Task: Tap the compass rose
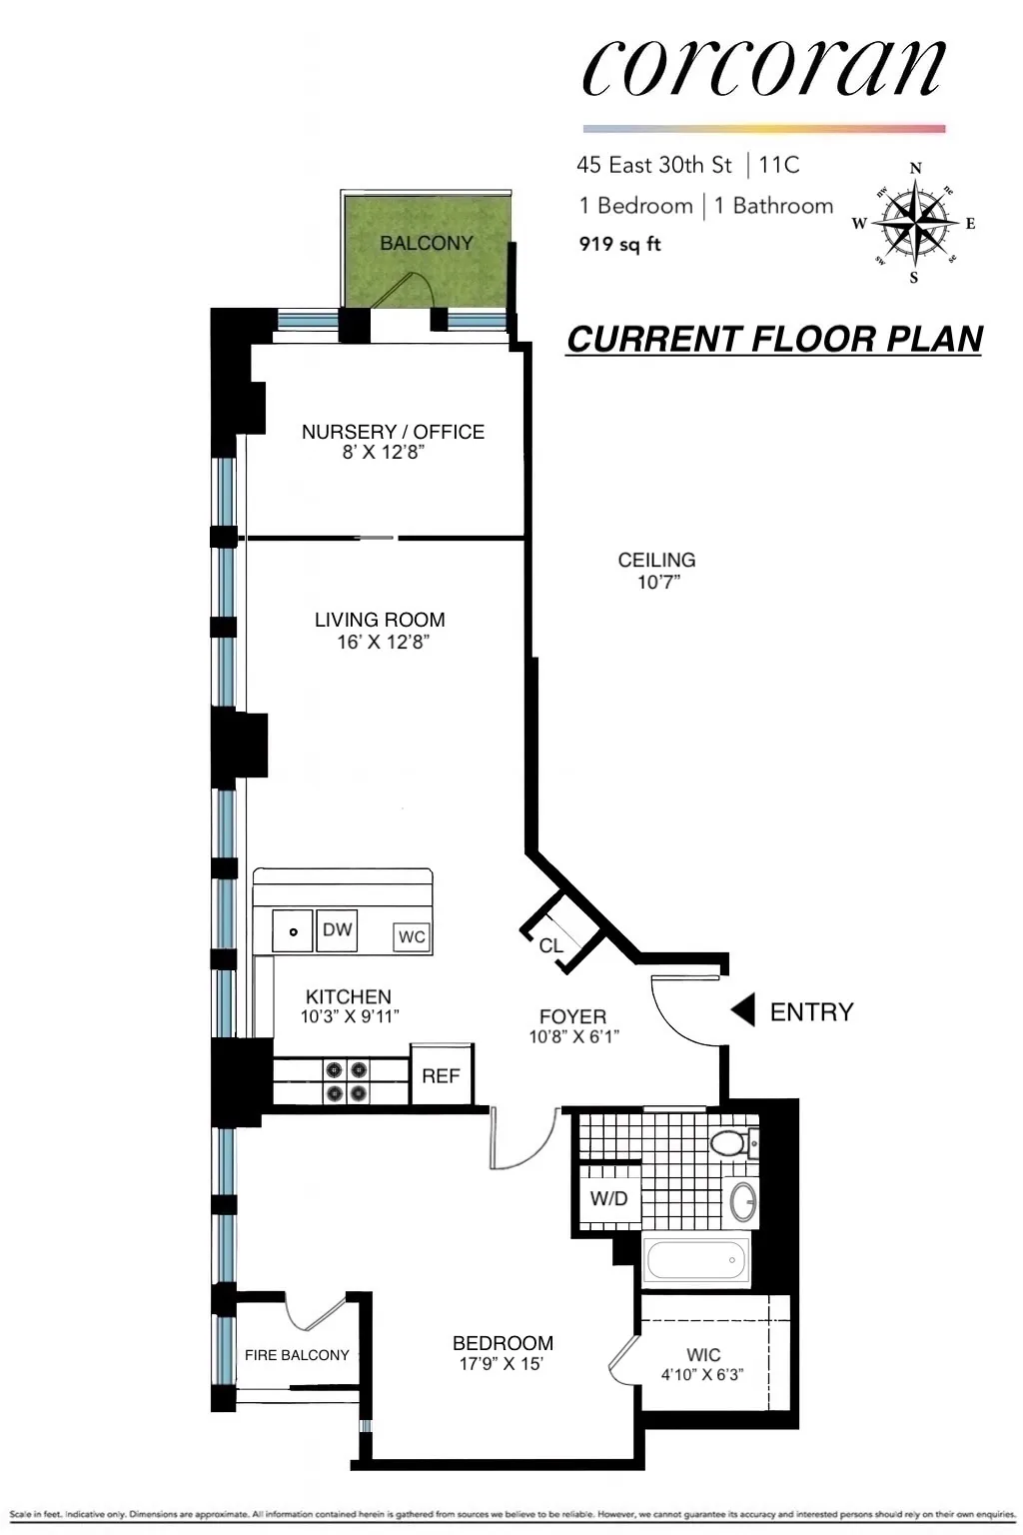(914, 223)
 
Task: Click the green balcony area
(426, 250)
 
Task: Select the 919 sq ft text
(619, 244)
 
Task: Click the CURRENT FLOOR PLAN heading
(774, 340)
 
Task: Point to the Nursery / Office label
(393, 432)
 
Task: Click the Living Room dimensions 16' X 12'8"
(382, 643)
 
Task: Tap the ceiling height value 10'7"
(657, 583)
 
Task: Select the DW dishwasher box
(337, 929)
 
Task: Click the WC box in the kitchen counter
(412, 936)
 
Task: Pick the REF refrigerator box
(441, 1075)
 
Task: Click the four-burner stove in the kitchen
(346, 1082)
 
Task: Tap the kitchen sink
(293, 931)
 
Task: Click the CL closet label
(551, 945)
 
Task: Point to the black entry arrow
(742, 1011)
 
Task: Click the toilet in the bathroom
(732, 1142)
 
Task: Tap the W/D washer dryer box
(608, 1198)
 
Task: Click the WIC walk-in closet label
(703, 1355)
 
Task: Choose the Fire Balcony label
(297, 1355)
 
